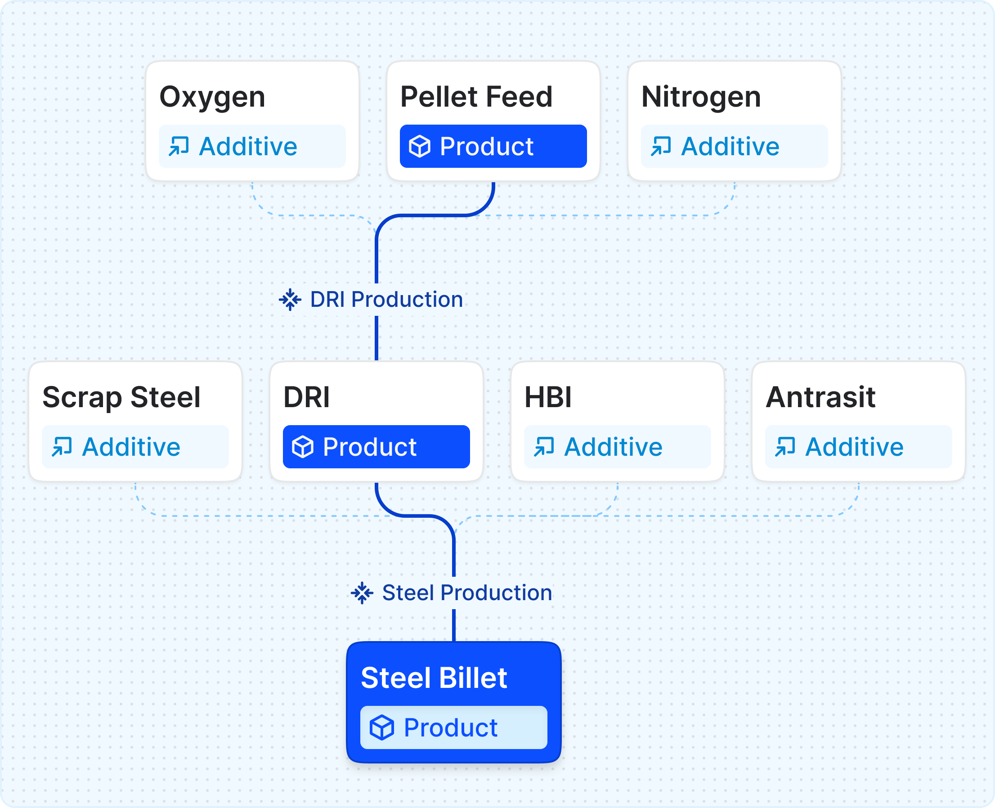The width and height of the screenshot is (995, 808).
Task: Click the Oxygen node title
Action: (x=212, y=98)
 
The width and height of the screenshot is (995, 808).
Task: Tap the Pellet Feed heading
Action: (x=476, y=97)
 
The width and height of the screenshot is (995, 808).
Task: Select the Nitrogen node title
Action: (x=701, y=98)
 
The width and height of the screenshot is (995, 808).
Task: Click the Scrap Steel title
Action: (x=121, y=398)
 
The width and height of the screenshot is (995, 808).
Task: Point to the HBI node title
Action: (x=548, y=398)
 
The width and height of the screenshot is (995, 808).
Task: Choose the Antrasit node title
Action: (x=820, y=398)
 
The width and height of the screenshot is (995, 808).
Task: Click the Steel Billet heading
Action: (x=434, y=678)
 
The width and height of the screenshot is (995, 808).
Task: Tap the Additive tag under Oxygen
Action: (x=252, y=146)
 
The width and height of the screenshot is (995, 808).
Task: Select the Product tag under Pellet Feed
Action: (x=493, y=146)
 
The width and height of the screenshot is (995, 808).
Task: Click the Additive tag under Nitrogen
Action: (x=735, y=146)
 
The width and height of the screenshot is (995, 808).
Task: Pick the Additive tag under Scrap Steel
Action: (x=135, y=447)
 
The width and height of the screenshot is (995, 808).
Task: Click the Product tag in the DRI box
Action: (x=376, y=447)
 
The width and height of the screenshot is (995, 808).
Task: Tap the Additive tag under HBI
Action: (x=618, y=447)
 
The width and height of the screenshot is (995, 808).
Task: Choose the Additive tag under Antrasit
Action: (x=859, y=447)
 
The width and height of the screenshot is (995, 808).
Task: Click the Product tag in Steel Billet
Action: (x=454, y=727)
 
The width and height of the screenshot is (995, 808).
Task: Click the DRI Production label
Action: (x=386, y=299)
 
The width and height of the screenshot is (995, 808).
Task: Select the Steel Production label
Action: (x=467, y=593)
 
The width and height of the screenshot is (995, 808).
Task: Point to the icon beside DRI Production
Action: (x=290, y=300)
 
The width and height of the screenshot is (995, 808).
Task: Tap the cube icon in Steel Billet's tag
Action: (x=382, y=727)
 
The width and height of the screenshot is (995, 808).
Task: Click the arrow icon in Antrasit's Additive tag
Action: (x=785, y=447)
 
